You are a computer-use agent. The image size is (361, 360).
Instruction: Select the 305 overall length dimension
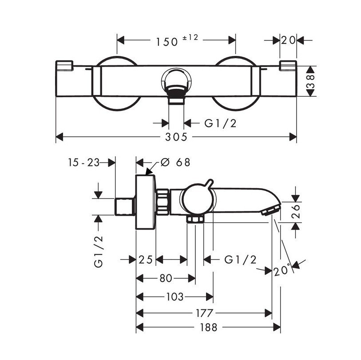pos(176,137)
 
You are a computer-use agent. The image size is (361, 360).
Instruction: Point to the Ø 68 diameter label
pos(175,162)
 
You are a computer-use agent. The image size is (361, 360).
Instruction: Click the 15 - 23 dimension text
pos(83,162)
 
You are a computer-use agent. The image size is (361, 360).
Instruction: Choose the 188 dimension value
pos(209,328)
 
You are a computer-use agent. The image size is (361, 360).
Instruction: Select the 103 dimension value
pos(174,297)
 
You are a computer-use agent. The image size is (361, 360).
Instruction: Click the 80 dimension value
pos(166,278)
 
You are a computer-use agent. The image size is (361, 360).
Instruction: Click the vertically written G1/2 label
pos(99,251)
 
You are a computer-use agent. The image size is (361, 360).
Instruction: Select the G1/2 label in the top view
pos(221,123)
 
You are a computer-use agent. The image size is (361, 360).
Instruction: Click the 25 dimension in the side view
pos(146,260)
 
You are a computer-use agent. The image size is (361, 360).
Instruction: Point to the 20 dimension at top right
pos(289,40)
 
